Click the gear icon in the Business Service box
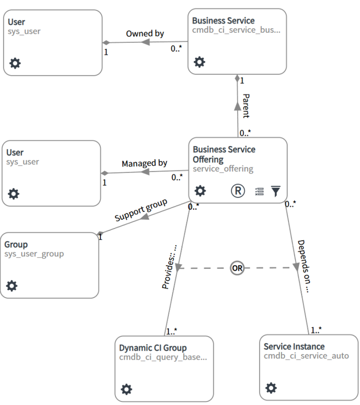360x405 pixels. coord(199,62)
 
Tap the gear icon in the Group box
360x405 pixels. coord(12,286)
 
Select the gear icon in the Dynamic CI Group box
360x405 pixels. coord(126,389)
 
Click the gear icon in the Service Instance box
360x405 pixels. coord(271,388)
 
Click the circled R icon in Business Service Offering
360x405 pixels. coord(237,191)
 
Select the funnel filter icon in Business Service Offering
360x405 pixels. coord(276,191)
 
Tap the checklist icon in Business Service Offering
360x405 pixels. coord(259,191)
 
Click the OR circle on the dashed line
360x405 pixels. coord(237,268)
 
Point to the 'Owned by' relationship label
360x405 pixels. coord(145,34)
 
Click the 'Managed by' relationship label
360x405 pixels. coord(144,163)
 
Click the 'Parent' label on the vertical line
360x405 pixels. coord(246,106)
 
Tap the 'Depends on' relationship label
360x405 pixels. coord(303,266)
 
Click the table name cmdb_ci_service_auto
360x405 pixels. coord(306,356)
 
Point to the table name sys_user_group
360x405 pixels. coord(34,254)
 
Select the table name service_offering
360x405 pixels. coord(223,169)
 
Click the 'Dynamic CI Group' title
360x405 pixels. coord(153,348)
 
